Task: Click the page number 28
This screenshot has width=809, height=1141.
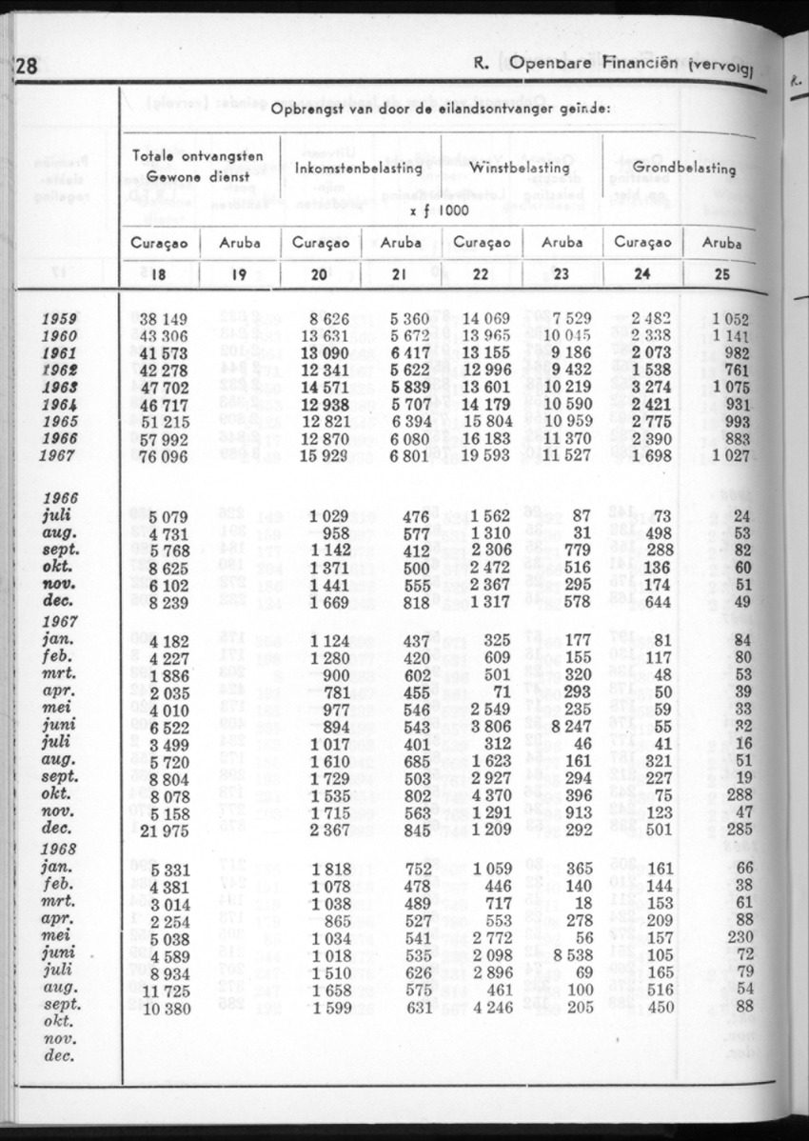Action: coord(26,67)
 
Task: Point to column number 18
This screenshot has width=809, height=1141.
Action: coord(158,275)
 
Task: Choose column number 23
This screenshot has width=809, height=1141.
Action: coord(562,275)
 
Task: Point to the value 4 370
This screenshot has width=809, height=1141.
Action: coord(490,794)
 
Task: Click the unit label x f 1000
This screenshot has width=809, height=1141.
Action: coord(438,209)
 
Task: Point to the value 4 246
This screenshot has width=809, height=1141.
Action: coord(490,1006)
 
